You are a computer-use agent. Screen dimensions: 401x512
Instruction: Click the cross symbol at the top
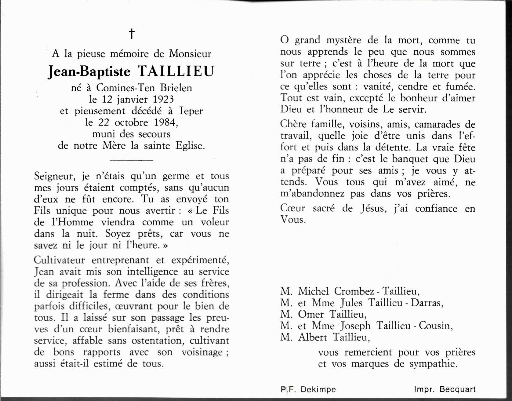132,34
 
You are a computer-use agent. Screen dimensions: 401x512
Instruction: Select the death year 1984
165,122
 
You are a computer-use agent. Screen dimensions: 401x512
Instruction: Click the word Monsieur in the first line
190,54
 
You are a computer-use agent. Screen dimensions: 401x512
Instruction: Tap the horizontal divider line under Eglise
131,160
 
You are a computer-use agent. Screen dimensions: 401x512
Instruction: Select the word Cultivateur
59,260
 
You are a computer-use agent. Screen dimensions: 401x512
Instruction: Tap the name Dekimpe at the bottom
318,389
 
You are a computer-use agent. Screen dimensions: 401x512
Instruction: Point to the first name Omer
311,314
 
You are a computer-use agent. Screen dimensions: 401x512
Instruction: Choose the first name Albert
312,337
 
